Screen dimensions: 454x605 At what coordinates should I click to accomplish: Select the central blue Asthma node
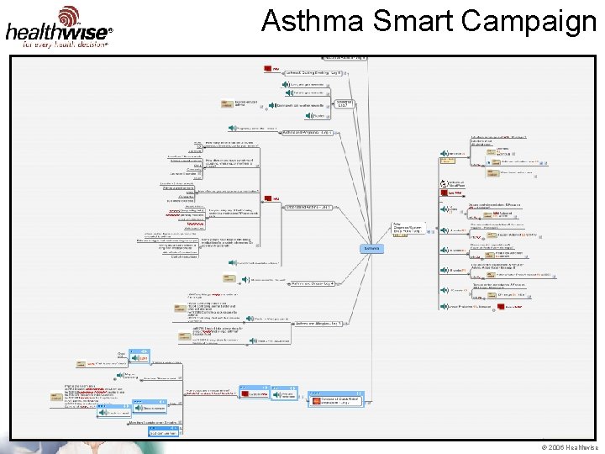371,248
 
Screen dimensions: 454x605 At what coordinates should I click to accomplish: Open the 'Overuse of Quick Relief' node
336,399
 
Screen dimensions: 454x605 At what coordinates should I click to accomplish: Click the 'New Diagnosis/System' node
407,229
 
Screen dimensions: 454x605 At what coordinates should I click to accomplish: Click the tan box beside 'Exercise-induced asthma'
227,103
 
